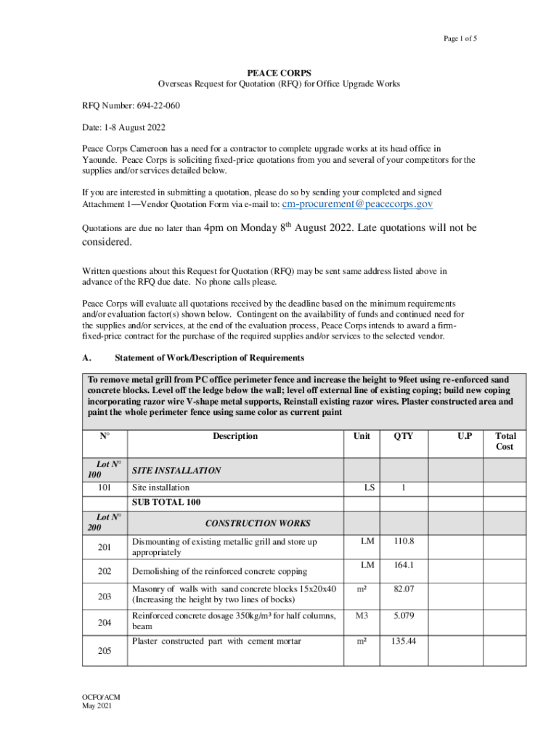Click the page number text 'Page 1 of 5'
(458, 39)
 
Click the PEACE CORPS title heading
(279, 73)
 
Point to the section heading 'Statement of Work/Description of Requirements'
(209, 358)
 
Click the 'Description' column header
(234, 436)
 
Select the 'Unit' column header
(361, 436)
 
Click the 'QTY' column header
(403, 436)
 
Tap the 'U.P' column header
(465, 436)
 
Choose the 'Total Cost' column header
(505, 441)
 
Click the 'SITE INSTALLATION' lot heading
(176, 471)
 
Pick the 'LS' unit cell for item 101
(370, 488)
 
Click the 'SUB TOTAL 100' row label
(166, 502)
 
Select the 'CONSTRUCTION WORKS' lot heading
(258, 523)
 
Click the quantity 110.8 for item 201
(403, 541)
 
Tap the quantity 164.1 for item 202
(403, 565)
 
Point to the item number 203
(105, 597)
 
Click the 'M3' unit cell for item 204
(361, 616)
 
